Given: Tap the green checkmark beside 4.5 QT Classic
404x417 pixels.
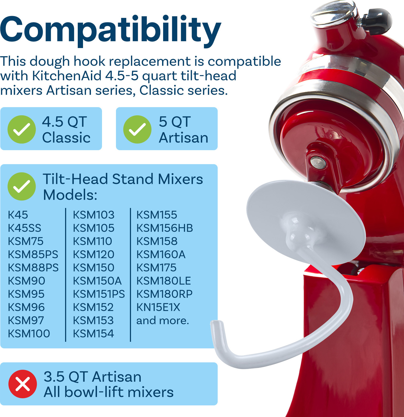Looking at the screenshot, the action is click(x=22, y=129).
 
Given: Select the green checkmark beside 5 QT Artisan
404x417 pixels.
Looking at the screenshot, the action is click(x=137, y=129).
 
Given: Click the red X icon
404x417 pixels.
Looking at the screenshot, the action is click(x=23, y=384).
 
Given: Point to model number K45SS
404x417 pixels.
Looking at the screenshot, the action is click(x=25, y=228).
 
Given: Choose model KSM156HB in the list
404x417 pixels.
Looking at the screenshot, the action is click(x=165, y=228).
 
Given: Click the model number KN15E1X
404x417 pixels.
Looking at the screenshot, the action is click(x=158, y=307).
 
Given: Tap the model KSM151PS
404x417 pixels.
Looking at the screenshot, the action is click(x=99, y=294).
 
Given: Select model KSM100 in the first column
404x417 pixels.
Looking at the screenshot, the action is click(x=29, y=334).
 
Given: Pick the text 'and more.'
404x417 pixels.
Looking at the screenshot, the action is click(x=163, y=320).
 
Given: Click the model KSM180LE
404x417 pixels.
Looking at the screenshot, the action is click(x=164, y=281).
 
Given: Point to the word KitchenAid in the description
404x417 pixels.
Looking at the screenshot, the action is click(x=67, y=76).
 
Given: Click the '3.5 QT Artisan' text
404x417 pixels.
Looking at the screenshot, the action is click(x=93, y=377).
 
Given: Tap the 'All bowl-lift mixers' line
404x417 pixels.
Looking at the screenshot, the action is click(x=109, y=392).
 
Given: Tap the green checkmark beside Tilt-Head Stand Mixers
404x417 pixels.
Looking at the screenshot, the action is click(x=22, y=186).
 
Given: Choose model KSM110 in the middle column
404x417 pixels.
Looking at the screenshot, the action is click(x=93, y=241).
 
